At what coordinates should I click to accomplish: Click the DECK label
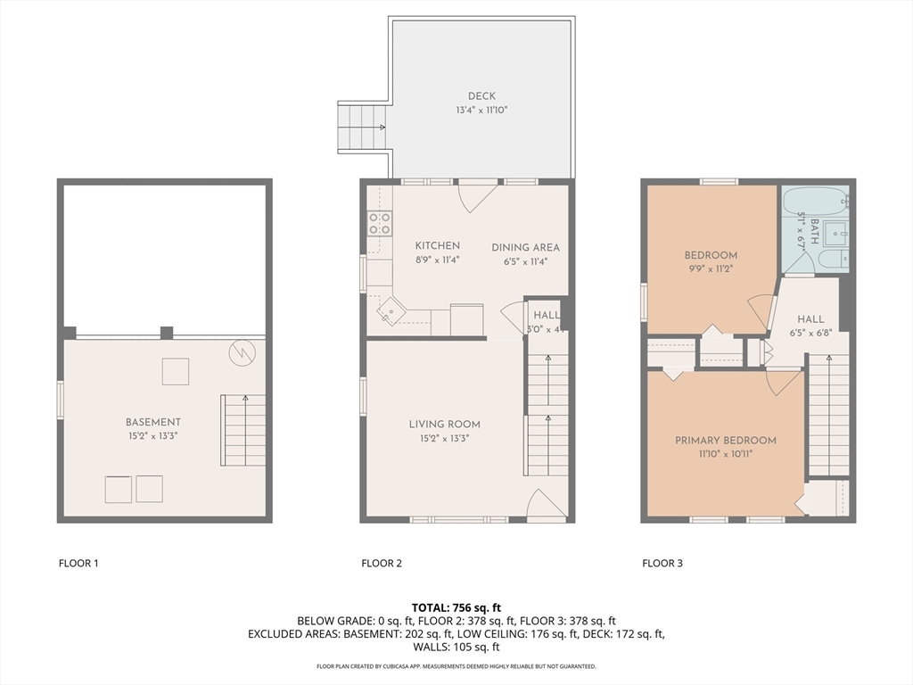(481, 96)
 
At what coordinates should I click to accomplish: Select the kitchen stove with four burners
(380, 223)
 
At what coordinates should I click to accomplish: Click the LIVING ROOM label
(445, 425)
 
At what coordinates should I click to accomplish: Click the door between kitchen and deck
(477, 194)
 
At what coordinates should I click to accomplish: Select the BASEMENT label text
(153, 422)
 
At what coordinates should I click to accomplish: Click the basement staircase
(243, 430)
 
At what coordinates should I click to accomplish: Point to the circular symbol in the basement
(241, 353)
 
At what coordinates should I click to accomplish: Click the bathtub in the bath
(814, 204)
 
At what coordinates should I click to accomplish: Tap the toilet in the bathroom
(830, 260)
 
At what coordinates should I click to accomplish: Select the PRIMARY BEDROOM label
(725, 441)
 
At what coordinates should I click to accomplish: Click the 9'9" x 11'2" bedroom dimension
(711, 268)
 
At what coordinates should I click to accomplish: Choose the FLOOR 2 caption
(382, 563)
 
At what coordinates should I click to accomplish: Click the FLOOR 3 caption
(662, 563)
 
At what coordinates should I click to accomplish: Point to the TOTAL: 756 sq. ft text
(456, 607)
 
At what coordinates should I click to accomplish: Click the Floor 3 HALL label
(810, 318)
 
